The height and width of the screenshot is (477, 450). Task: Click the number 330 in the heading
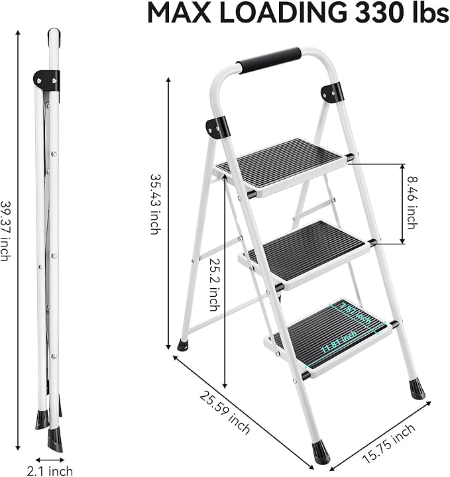(371, 13)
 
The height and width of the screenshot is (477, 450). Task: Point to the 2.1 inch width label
(50, 471)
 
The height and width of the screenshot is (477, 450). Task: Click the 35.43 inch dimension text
(154, 204)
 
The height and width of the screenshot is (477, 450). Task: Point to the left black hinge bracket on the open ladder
(217, 127)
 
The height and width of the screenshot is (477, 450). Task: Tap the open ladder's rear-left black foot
(182, 344)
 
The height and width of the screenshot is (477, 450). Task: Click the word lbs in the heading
(427, 13)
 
